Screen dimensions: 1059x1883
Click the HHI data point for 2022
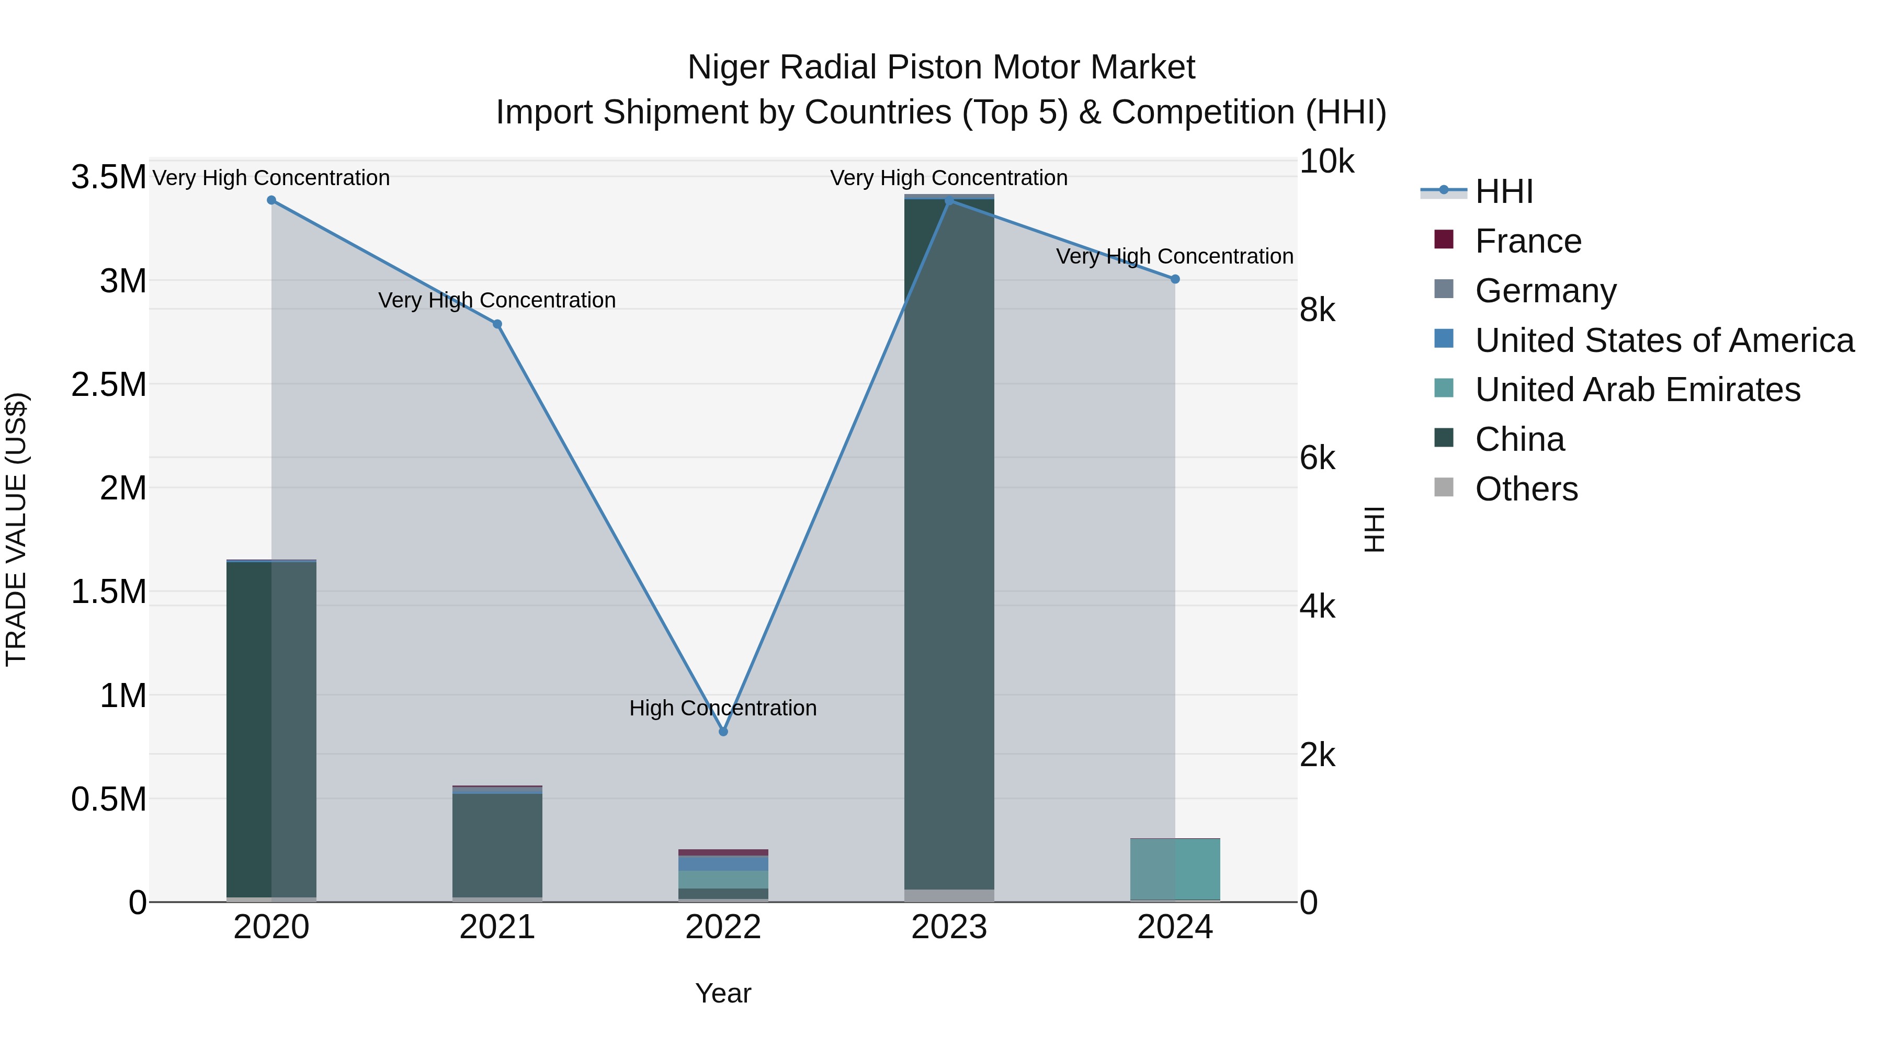pos(723,732)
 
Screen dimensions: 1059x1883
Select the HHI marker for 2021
pos(497,324)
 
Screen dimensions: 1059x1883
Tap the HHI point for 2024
pos(1175,279)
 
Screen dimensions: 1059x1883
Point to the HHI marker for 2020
pos(271,200)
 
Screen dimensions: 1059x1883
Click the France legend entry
pos(1528,241)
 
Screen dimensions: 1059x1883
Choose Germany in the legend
pos(1545,291)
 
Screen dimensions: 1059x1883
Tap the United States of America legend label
pos(1664,340)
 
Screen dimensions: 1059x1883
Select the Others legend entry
pos(1526,489)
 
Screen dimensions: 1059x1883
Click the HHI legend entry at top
pos(1504,191)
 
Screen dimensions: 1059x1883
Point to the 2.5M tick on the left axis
pos(109,384)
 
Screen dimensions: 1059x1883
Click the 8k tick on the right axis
pos(1317,310)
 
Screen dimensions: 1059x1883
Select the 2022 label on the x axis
pos(723,927)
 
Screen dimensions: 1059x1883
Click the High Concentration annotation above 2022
pos(723,708)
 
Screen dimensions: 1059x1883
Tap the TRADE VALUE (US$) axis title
pos(16,529)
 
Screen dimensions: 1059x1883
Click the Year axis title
pos(723,993)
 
